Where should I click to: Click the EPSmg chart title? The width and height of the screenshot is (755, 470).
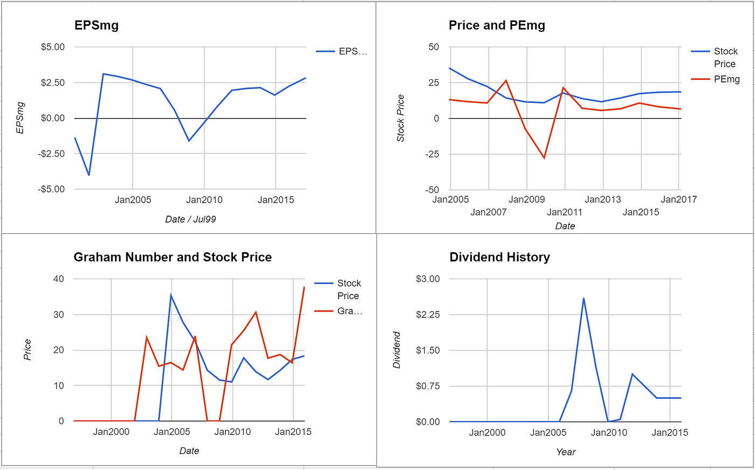click(x=96, y=25)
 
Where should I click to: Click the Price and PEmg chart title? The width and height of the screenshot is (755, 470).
click(x=497, y=25)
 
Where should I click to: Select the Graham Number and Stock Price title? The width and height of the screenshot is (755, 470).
click(x=173, y=257)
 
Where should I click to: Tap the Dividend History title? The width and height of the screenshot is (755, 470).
click(x=499, y=257)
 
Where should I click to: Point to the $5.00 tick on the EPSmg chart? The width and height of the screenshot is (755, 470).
click(x=53, y=47)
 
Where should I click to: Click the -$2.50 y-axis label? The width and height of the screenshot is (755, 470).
click(x=52, y=154)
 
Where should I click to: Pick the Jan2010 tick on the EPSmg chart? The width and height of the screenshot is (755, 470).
click(x=204, y=200)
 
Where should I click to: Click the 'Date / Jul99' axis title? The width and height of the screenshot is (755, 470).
click(x=190, y=219)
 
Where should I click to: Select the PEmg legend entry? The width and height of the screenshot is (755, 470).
click(x=726, y=79)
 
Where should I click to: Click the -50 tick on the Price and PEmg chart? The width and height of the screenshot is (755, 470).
click(x=433, y=190)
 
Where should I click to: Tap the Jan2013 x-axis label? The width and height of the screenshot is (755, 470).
click(x=603, y=199)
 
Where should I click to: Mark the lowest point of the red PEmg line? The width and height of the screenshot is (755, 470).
click(x=544, y=158)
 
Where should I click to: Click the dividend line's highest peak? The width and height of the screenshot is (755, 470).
click(x=584, y=298)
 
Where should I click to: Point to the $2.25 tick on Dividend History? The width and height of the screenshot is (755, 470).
click(x=428, y=315)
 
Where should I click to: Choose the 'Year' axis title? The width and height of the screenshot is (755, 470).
click(x=566, y=452)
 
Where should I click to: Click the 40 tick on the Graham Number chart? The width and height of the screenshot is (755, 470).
click(x=58, y=279)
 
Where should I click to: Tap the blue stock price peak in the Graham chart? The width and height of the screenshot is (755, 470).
click(x=171, y=294)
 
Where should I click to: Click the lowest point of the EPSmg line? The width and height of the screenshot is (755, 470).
click(x=89, y=175)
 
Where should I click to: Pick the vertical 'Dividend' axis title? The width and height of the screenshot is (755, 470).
click(x=397, y=350)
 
